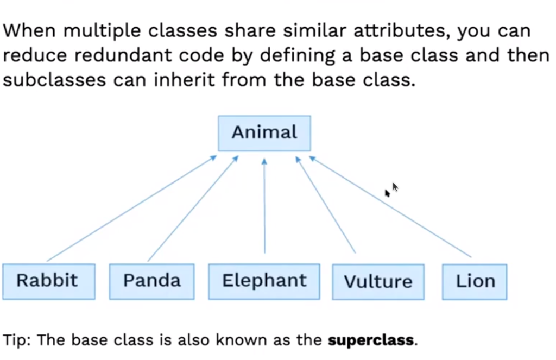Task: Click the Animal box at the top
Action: coord(264,134)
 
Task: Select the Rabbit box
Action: coord(49,282)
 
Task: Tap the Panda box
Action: coord(152,282)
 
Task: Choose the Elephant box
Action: coord(264,282)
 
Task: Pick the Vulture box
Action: coord(378,282)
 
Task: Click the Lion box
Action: coord(475,282)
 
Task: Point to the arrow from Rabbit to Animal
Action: coord(131,208)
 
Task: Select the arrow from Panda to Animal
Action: coord(193,209)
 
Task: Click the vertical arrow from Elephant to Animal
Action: coord(264,206)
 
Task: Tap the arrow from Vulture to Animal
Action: coord(326,205)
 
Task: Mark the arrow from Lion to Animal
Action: coord(390,207)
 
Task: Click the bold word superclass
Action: coord(370,340)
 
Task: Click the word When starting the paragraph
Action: coord(29,30)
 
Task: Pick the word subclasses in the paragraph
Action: coord(54,80)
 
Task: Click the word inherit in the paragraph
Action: coord(184,80)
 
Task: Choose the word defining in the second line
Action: coord(297,56)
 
